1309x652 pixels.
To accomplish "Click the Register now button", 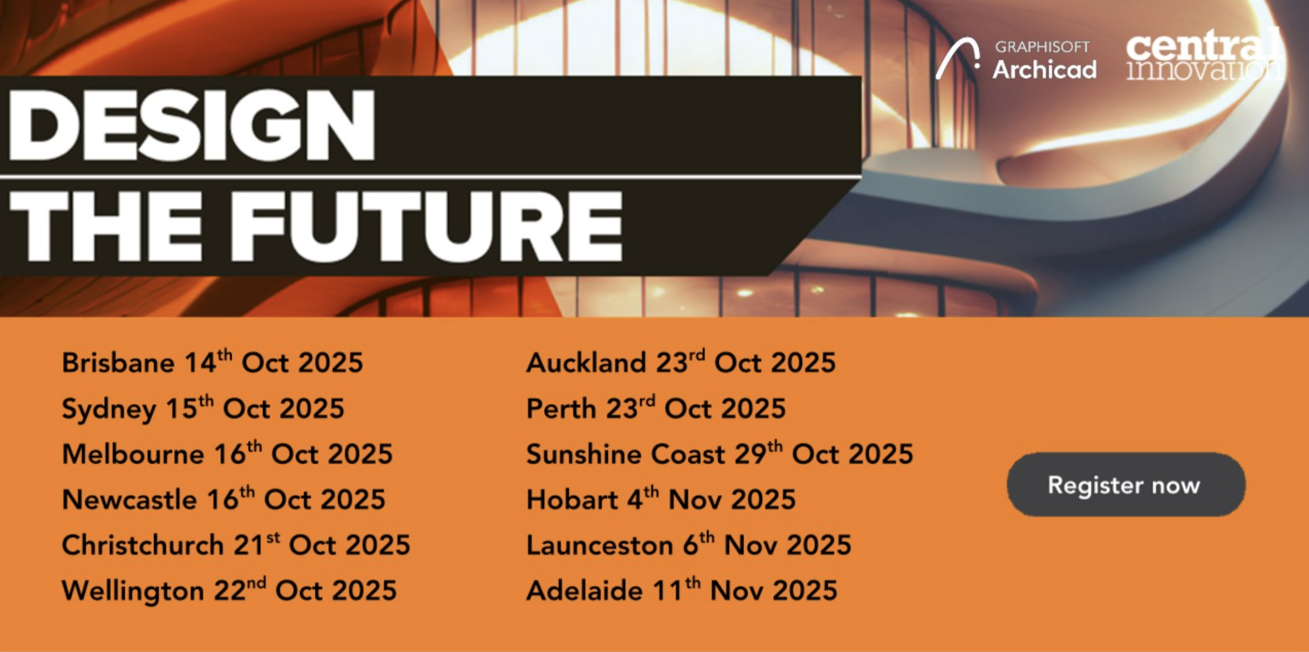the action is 1126,484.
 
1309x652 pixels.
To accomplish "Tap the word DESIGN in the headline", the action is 192,126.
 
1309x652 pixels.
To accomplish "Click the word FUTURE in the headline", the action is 429,226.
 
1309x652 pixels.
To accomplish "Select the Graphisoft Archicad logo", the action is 1016,60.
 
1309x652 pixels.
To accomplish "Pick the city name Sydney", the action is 109,410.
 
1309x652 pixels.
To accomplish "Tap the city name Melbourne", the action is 133,454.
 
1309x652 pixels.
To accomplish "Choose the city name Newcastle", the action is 129,500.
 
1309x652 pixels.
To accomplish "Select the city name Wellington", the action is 133,592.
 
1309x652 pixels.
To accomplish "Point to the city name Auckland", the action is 586,363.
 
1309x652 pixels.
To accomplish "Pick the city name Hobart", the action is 572,500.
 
